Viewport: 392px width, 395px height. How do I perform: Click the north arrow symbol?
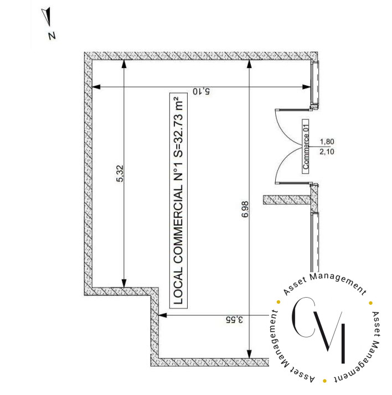coord(47,16)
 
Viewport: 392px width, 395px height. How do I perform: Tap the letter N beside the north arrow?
coord(52,36)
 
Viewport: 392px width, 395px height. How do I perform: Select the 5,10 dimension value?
coord(201,91)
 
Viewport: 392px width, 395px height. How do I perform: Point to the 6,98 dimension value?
coord(245,209)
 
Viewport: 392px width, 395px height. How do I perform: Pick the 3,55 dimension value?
coord(234,320)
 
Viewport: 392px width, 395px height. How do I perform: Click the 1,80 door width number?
coord(327,142)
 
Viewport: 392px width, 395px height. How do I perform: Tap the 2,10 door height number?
coord(327,152)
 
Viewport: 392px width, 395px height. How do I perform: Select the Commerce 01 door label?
coord(306,146)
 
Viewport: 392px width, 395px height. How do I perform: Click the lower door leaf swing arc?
coord(284,167)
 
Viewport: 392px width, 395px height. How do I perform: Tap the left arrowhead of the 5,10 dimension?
coord(96,87)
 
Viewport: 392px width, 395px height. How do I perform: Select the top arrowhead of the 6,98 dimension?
coord(249,65)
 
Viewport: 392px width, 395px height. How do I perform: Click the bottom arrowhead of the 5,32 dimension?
coord(123,283)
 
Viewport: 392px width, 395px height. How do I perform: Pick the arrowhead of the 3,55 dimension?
coord(162,315)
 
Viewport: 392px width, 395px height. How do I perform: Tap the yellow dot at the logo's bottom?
coord(324,381)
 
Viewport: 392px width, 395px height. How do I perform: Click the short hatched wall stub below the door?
coord(287,200)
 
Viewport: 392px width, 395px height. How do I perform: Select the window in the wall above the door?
coord(315,85)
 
